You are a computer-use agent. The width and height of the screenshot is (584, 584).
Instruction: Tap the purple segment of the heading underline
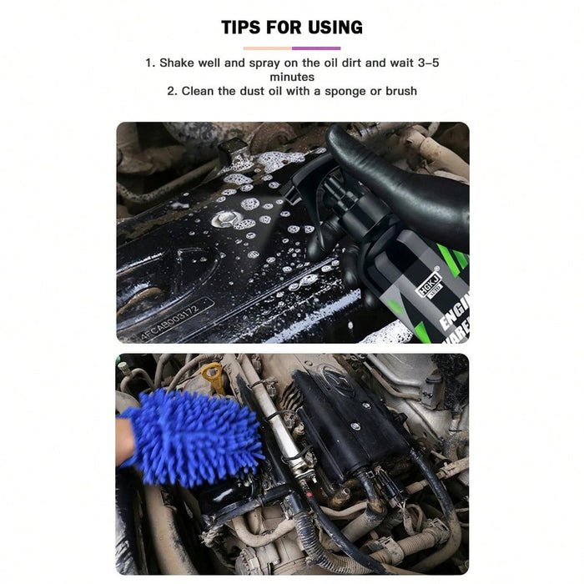coord(316,48)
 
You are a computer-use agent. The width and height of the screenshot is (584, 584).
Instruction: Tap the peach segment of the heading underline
coord(267,48)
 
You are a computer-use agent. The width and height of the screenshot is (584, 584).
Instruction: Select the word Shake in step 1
coord(177,63)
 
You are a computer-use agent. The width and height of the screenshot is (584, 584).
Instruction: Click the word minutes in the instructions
coord(292,77)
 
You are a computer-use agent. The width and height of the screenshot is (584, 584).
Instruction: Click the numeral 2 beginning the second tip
coord(170,91)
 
